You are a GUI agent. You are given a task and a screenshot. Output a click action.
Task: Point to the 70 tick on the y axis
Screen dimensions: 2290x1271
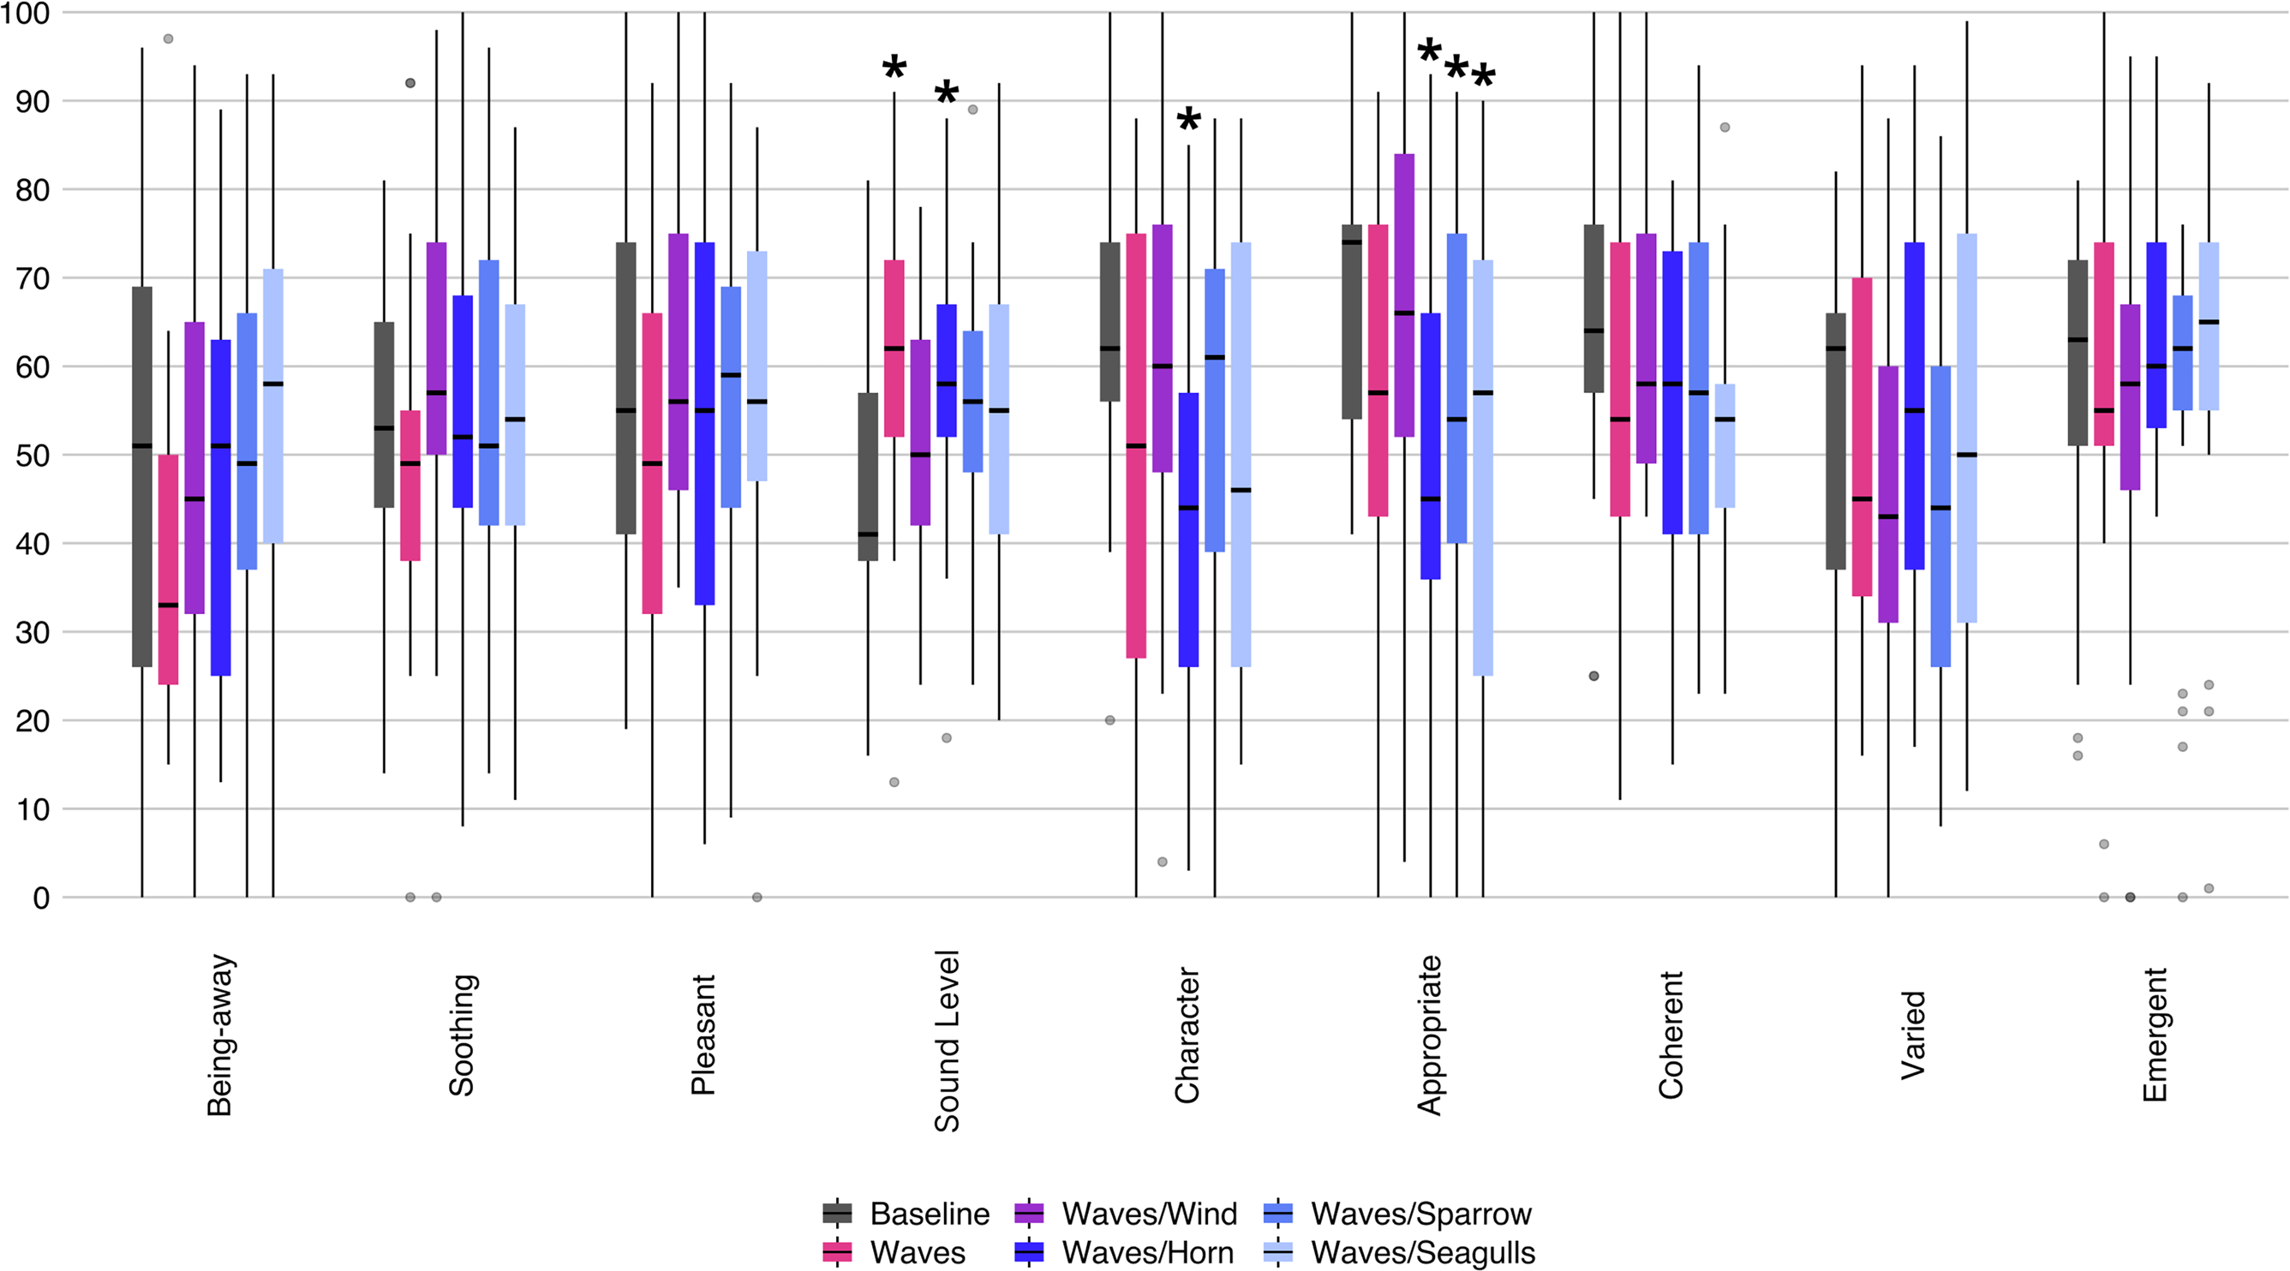point(32,278)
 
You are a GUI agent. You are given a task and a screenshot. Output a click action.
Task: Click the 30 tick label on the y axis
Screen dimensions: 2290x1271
point(32,632)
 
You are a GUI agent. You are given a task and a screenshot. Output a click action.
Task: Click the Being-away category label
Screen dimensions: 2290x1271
point(220,1034)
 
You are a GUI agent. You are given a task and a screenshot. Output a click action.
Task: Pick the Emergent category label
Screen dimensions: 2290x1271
point(2155,1034)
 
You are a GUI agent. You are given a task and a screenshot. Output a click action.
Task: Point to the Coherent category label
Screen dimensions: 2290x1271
point(1671,1034)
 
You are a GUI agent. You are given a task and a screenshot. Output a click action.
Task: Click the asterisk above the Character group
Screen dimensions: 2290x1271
point(1188,120)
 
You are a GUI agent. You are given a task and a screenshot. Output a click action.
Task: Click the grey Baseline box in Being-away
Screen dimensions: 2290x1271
point(142,476)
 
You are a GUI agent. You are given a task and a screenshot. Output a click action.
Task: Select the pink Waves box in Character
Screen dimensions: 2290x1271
point(1136,446)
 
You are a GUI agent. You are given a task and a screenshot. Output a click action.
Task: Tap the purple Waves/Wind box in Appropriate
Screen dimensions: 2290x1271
point(1405,296)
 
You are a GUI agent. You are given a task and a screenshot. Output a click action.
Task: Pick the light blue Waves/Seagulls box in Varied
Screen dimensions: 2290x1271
point(1966,429)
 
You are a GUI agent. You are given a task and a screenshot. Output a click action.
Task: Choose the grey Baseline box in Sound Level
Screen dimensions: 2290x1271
point(868,476)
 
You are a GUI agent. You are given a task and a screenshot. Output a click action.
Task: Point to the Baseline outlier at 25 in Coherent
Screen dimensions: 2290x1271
point(1594,676)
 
